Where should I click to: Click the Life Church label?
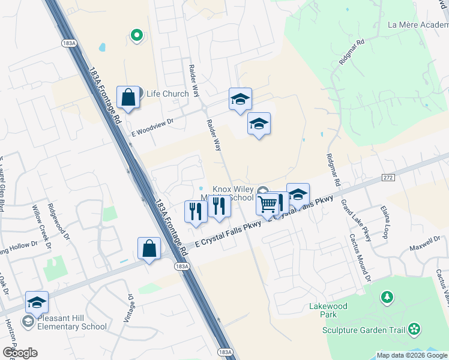[167, 94]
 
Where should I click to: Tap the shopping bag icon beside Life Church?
[128, 96]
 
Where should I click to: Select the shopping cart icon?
[268, 205]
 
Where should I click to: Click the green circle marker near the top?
[137, 36]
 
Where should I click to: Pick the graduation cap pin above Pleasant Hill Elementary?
[37, 302]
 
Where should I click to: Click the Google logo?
[19, 353]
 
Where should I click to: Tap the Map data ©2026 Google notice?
[412, 355]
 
